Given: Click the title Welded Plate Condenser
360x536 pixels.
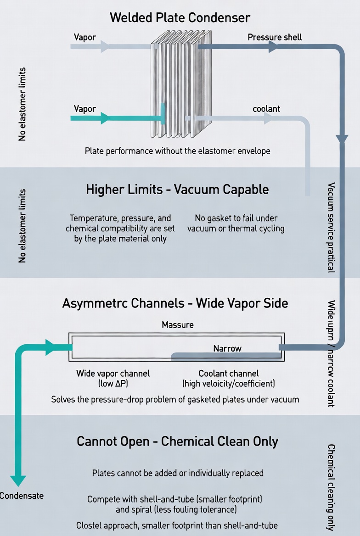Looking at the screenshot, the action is point(180,17).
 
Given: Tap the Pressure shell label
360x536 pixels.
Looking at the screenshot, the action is point(275,37).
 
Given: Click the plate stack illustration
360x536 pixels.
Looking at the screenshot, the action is point(181,84).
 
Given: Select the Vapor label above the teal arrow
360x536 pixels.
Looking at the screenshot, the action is point(85,109).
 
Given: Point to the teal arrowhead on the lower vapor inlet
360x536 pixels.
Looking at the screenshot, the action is point(105,118).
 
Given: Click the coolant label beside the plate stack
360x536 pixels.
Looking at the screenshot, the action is point(266,109).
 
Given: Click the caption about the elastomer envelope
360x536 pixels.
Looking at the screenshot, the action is point(178,151).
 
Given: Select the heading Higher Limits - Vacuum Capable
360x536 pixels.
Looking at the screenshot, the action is point(177,190).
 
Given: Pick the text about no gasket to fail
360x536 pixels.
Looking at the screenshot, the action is point(236,223).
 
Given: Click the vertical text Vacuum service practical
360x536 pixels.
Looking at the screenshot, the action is point(331,227).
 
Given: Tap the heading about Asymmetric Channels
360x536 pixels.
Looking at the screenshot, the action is point(175,303).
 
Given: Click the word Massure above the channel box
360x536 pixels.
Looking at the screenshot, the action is point(178,325).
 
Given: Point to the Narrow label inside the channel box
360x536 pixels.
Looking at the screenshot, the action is point(227,348).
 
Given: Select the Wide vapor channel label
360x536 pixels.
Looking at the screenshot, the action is point(113,378).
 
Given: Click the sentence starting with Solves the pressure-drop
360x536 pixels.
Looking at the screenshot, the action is point(175,399).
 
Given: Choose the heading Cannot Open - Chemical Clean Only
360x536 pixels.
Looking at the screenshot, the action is point(177,441).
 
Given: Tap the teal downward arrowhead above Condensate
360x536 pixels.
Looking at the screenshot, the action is point(18,481).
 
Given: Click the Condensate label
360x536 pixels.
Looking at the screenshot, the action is point(22,496).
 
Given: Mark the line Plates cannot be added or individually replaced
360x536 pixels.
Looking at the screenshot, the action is point(178,473).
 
